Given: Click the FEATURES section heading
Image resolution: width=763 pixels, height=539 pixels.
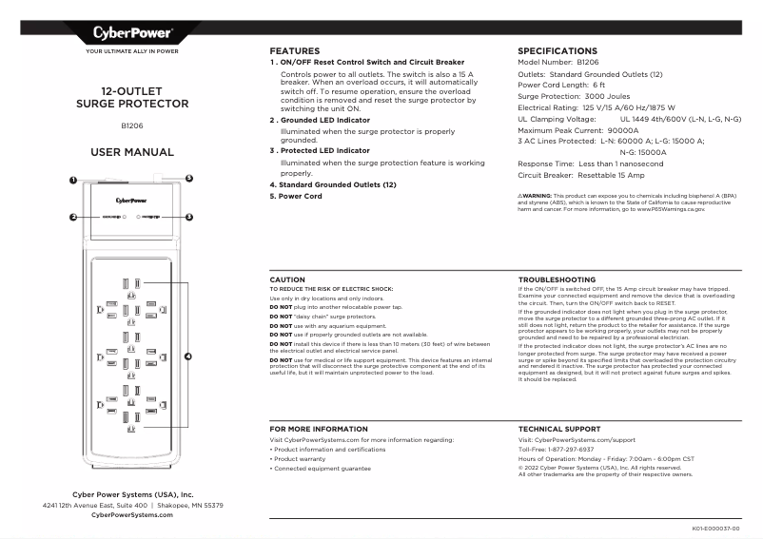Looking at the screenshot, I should (294, 50).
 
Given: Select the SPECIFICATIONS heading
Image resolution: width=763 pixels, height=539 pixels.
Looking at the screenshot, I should (557, 50).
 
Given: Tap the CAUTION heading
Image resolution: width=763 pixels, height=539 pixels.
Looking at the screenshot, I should (287, 279).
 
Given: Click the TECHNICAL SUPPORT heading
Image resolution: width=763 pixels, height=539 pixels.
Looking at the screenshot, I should (558, 430).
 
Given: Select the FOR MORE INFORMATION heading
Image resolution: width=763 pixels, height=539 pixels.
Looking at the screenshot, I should (319, 430).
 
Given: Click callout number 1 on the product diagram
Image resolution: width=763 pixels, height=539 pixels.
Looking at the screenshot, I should (72, 180).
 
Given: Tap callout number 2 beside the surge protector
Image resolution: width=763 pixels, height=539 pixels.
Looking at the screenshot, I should (72, 217).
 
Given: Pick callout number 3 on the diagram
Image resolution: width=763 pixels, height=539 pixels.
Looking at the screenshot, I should (189, 217).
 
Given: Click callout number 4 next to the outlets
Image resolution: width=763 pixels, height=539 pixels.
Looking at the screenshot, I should (188, 356).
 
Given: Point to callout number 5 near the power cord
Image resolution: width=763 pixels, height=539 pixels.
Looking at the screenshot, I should (188, 178).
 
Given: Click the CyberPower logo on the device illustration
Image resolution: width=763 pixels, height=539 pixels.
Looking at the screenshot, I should (131, 200).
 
